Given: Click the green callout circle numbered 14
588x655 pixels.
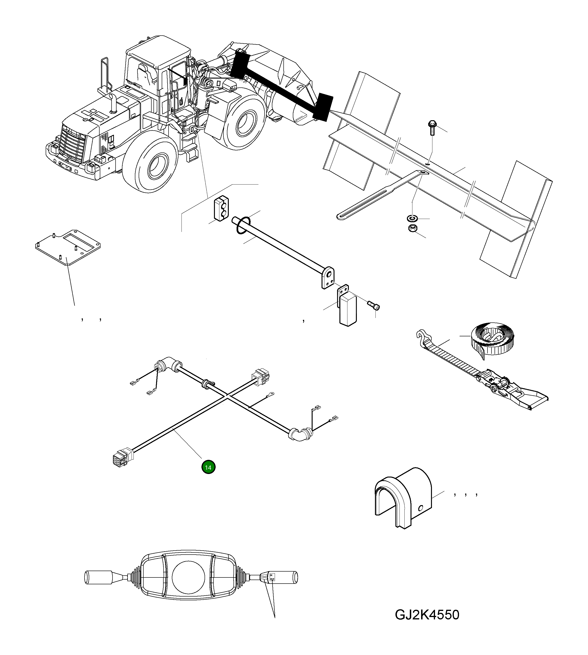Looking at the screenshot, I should coord(208,467).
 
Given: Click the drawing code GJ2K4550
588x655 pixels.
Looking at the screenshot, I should coord(427,614).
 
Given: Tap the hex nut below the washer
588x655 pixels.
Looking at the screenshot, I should coord(412,228).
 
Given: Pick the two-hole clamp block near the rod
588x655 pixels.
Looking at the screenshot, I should coord(221,208).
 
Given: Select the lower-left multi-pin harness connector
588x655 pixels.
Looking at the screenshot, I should coord(121,456).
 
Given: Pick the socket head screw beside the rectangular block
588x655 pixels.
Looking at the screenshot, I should coord(374,305).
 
